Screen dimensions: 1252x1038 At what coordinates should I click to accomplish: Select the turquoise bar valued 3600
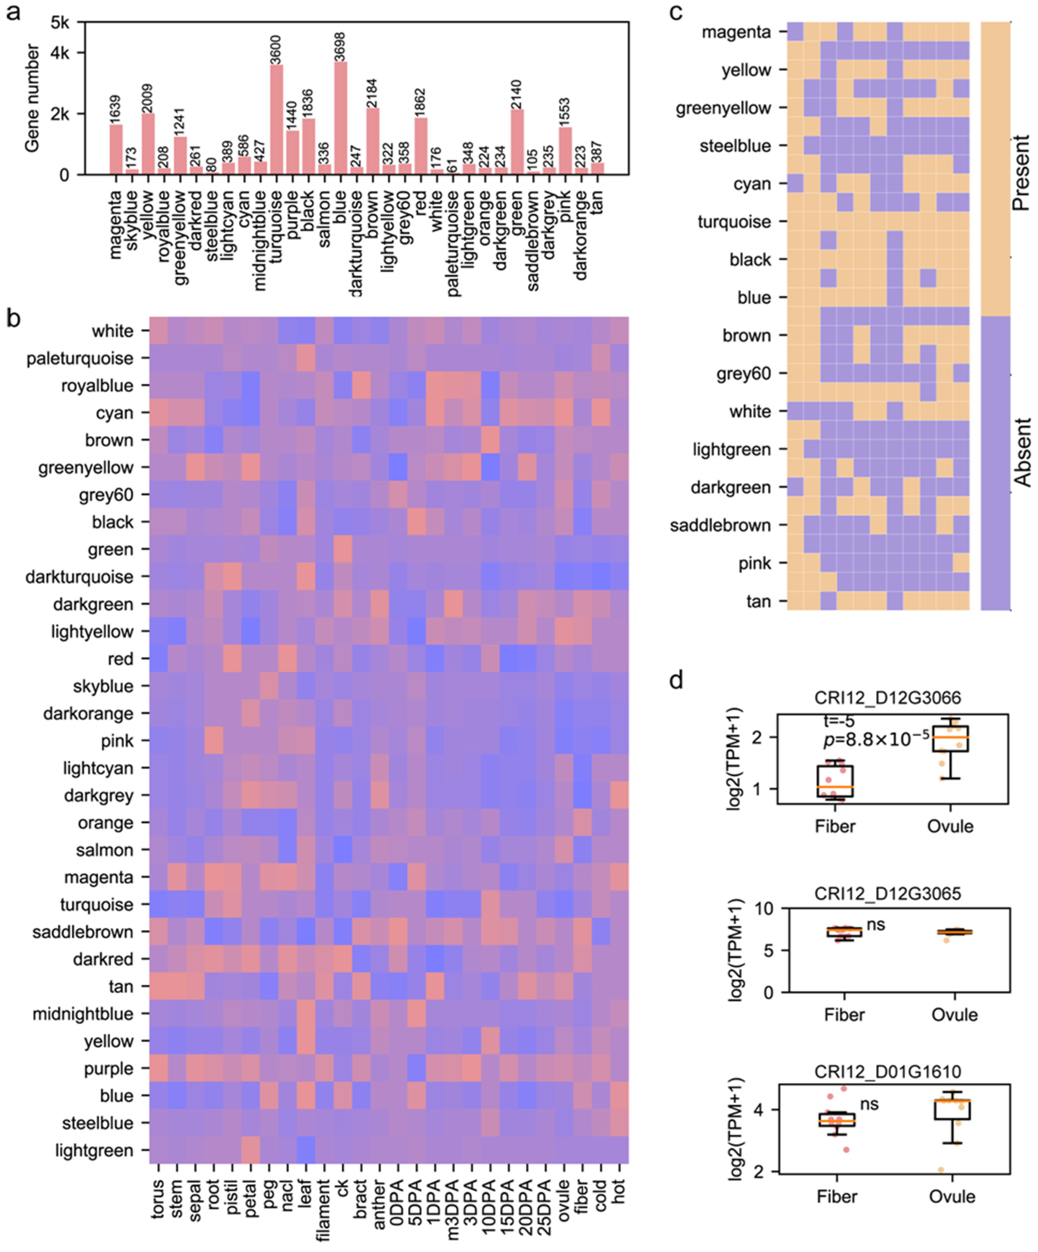point(277,119)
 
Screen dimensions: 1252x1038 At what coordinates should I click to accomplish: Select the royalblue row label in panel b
point(97,386)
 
